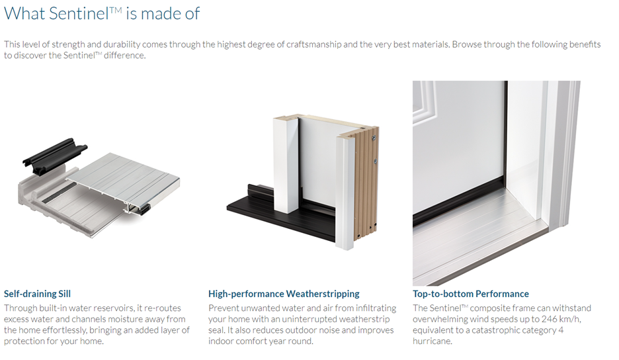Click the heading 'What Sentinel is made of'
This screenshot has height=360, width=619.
click(x=102, y=13)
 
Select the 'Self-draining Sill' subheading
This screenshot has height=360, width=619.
click(x=37, y=294)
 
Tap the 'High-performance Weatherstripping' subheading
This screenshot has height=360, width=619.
click(x=284, y=294)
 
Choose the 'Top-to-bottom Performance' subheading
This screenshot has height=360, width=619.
click(x=471, y=294)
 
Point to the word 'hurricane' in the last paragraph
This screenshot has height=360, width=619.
click(x=431, y=341)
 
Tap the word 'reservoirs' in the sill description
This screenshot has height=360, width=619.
click(x=111, y=308)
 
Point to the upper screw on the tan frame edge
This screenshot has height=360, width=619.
click(x=374, y=138)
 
